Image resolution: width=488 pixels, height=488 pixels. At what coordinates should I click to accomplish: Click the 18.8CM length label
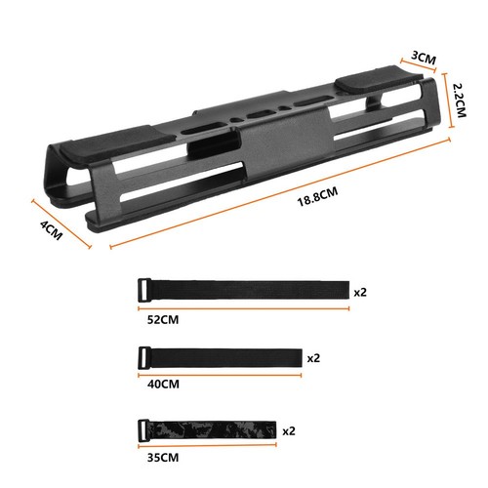click(x=317, y=197)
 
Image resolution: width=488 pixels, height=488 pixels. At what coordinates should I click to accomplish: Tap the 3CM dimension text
click(x=424, y=58)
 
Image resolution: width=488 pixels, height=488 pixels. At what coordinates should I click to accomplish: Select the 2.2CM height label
click(x=460, y=101)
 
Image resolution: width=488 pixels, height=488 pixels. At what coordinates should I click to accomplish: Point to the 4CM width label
click(x=51, y=230)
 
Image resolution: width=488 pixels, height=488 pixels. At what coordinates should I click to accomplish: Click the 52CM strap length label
click(x=163, y=320)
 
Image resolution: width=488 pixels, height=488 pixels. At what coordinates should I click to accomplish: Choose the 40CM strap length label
click(x=163, y=385)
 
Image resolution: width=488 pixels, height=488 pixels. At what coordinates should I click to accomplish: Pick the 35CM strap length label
click(x=163, y=458)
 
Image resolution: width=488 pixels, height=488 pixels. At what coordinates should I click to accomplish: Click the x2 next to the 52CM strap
click(x=360, y=292)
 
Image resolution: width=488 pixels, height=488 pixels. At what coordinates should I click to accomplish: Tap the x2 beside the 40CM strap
click(x=313, y=358)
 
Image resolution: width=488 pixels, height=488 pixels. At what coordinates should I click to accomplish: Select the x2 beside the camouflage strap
click(x=289, y=431)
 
